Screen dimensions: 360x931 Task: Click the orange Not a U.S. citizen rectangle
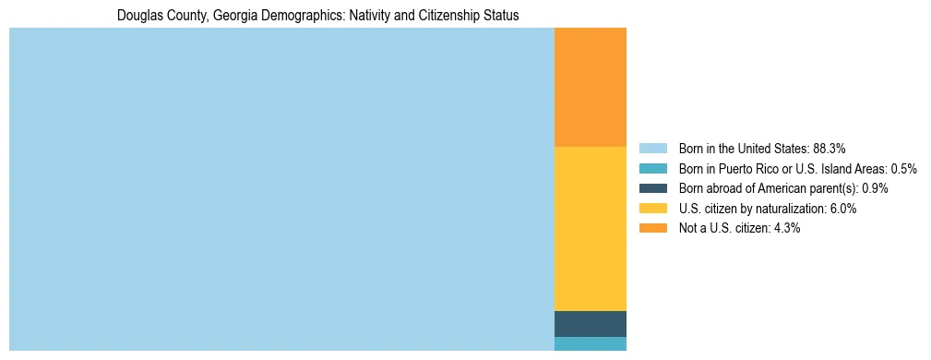tap(590, 88)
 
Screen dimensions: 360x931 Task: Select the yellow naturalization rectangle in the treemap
tap(590, 228)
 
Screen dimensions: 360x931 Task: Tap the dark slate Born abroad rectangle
tap(590, 324)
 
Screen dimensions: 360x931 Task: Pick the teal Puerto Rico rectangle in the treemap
tap(590, 343)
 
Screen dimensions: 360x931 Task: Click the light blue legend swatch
tap(652, 148)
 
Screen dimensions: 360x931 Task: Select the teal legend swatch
tap(652, 168)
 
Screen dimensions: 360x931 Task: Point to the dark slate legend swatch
tap(652, 188)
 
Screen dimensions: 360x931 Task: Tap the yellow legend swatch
tap(652, 209)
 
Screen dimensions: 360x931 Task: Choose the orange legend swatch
tap(652, 228)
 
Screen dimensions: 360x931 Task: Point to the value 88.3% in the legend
tap(830, 148)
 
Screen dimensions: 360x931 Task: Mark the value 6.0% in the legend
tap(844, 209)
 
